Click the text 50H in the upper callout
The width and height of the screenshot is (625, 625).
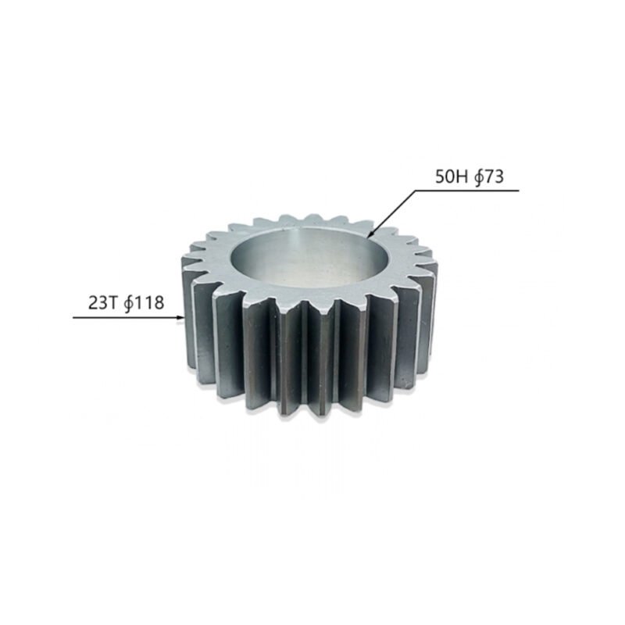(x=451, y=177)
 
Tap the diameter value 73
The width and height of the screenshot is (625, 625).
(x=491, y=177)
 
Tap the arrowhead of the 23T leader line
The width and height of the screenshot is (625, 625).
(x=183, y=318)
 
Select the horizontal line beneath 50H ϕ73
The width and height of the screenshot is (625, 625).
(x=469, y=189)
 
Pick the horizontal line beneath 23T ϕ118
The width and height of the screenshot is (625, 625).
(x=125, y=318)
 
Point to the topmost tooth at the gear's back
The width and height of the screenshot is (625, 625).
(x=316, y=218)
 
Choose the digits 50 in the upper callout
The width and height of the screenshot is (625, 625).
(x=445, y=177)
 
